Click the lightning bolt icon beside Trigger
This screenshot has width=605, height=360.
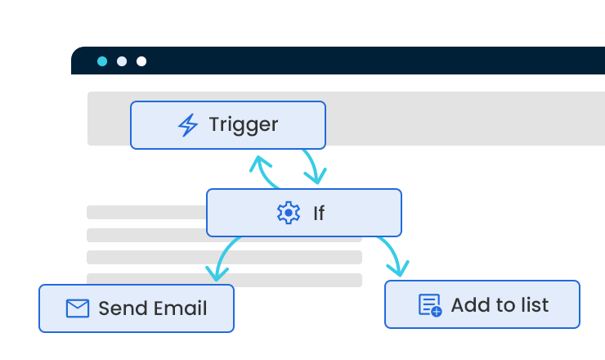point(188,124)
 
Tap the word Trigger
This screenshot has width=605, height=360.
point(244,125)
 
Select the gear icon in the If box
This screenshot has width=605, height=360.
point(289,213)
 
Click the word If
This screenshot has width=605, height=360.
point(319,214)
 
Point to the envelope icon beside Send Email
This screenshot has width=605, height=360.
point(78,308)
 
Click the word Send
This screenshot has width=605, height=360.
point(123,308)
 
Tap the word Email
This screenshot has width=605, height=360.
point(180,308)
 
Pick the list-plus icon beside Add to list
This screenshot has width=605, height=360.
point(430,305)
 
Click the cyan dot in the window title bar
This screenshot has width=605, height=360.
point(102,61)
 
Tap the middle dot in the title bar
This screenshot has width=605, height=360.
point(122,61)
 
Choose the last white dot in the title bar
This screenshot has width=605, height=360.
point(141,61)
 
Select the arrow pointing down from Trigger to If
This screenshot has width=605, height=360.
point(313,165)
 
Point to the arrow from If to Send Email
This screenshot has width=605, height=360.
point(222,255)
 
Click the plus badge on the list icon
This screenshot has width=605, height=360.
point(437,312)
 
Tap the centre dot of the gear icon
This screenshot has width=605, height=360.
point(289,213)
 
